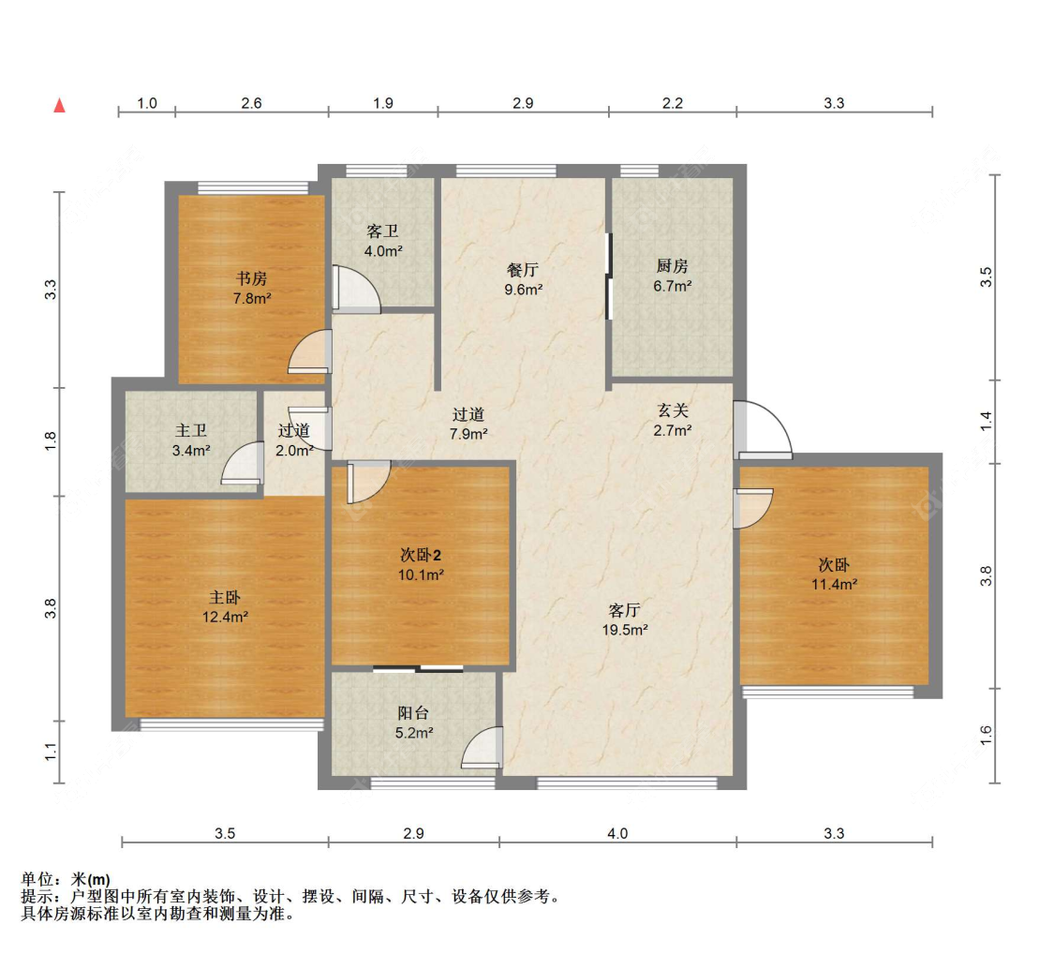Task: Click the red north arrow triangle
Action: pos(60,105)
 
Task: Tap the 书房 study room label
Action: pos(251,278)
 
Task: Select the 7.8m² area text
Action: pos(252,298)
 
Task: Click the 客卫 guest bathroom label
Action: pos(382,231)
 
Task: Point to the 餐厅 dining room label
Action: pos(523,270)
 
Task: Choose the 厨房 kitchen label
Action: pos(672,266)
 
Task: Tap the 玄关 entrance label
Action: pos(673,410)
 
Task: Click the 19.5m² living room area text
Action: pos(625,630)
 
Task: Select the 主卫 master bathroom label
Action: pos(191,430)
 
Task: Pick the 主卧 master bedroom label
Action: pos(225,597)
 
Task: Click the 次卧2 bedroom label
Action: pos(421,556)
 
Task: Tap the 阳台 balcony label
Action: pos(413,713)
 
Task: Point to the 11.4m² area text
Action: pos(834,584)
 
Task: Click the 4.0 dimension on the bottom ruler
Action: pos(617,834)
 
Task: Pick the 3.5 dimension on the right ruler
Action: pos(986,277)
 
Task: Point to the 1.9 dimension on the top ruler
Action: pos(383,103)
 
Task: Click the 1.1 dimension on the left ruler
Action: pos(52,753)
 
